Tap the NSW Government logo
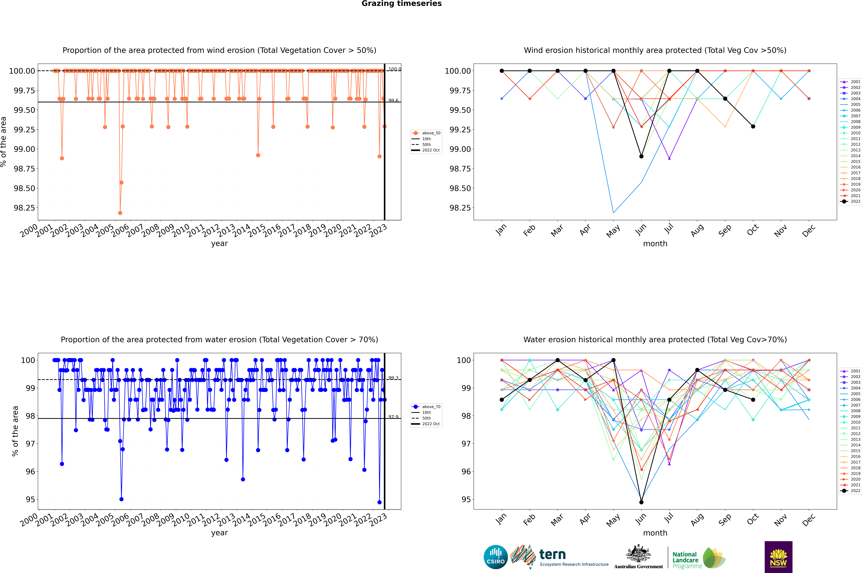coord(778,557)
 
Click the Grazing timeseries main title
coord(402,4)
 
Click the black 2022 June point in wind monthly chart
coord(641,156)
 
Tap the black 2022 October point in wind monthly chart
coord(753,126)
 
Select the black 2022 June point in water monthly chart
coord(641,502)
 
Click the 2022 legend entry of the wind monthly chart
coord(851,201)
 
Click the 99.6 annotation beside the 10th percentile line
coord(393,100)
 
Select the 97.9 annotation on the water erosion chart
coord(393,417)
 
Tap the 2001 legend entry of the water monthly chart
coord(851,371)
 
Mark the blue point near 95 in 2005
coord(121,499)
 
